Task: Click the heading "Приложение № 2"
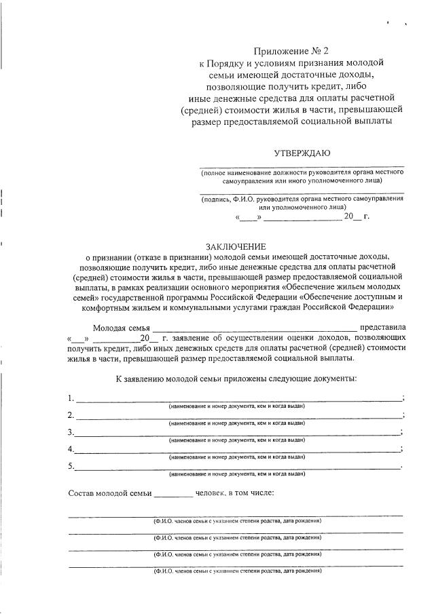pyautogui.click(x=286, y=51)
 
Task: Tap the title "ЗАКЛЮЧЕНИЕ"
pyautogui.click(x=236, y=246)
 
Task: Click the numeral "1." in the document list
pyautogui.click(x=71, y=398)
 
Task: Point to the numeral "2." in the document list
pyautogui.click(x=71, y=415)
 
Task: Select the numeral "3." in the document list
pyautogui.click(x=71, y=432)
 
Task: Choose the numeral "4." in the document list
pyautogui.click(x=71, y=449)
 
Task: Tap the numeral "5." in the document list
pyautogui.click(x=71, y=466)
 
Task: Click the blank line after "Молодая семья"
pyautogui.click(x=254, y=328)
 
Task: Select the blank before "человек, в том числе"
pyautogui.click(x=173, y=495)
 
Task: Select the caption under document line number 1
pyautogui.click(x=236, y=406)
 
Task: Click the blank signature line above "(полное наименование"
pyautogui.click(x=302, y=166)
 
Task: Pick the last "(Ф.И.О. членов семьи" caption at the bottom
pyautogui.click(x=237, y=572)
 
